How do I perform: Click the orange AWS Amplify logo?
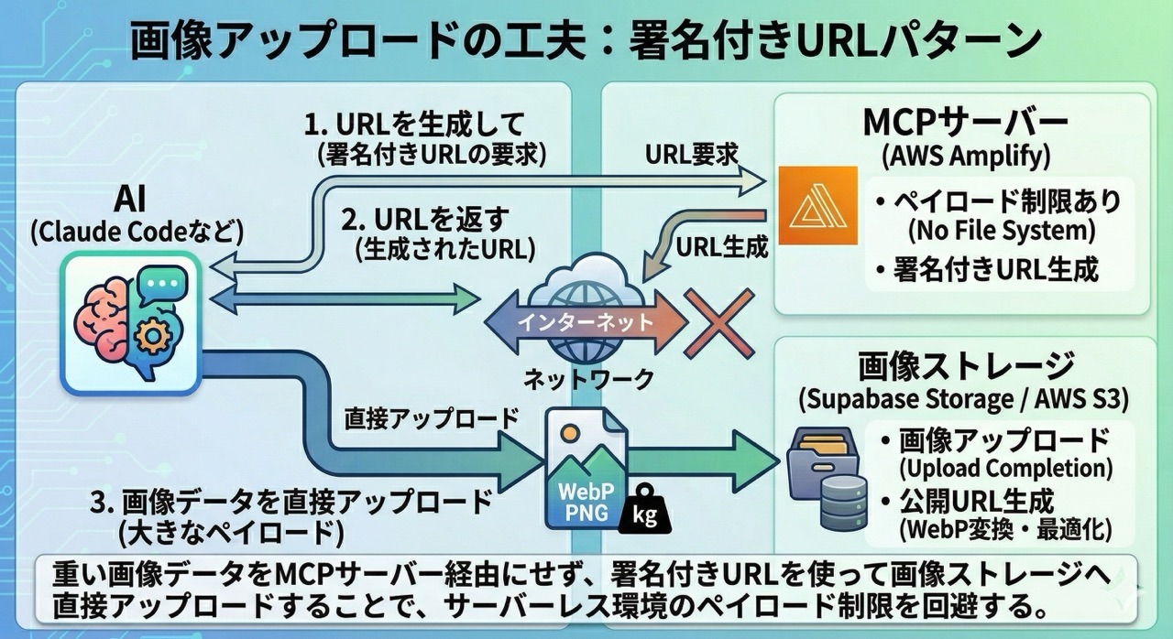817,205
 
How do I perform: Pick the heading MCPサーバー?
965,122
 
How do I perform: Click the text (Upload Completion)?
1005,468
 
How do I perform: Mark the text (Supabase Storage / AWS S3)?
965,399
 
